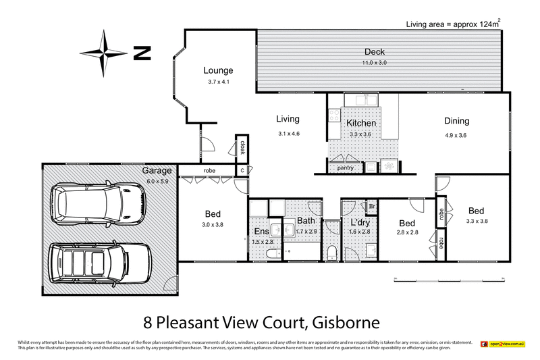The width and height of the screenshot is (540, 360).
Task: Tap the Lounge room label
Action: pyautogui.click(x=219, y=70)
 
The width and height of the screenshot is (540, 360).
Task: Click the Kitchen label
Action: pyautogui.click(x=361, y=124)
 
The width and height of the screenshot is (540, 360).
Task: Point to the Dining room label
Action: pyautogui.click(x=456, y=122)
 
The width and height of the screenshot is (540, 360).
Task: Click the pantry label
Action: pyautogui.click(x=346, y=168)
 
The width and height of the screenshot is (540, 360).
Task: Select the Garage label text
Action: pyautogui.click(x=156, y=171)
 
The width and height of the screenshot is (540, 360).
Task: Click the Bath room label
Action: pyautogui.click(x=305, y=221)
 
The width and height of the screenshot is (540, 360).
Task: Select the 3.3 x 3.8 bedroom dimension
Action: pyautogui.click(x=477, y=221)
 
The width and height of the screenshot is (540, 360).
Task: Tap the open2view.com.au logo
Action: pyautogui.click(x=502, y=344)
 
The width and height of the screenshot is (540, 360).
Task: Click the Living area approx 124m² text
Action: pyautogui.click(x=453, y=24)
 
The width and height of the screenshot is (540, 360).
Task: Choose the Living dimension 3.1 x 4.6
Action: pyautogui.click(x=288, y=133)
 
